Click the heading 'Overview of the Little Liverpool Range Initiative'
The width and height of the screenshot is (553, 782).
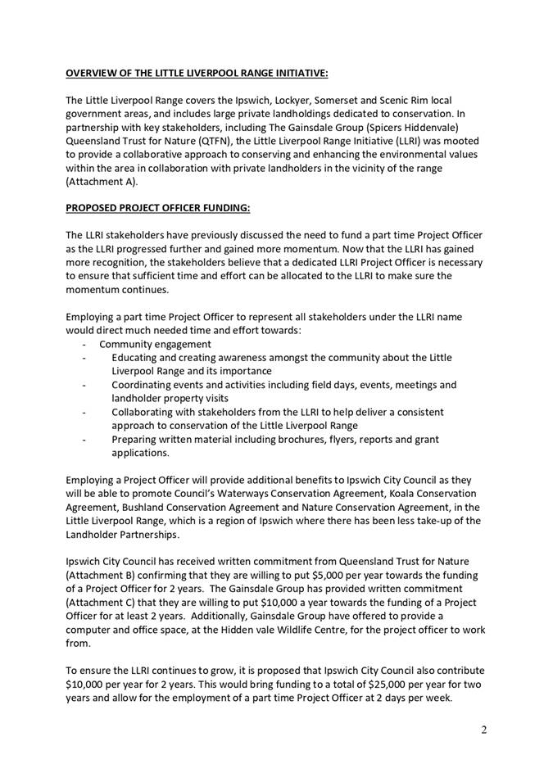point(197,73)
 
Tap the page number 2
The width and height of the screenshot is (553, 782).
point(484,730)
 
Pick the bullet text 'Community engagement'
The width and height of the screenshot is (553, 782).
point(156,345)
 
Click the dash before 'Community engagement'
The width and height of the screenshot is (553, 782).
point(85,345)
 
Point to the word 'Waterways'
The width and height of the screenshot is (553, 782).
point(245,493)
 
